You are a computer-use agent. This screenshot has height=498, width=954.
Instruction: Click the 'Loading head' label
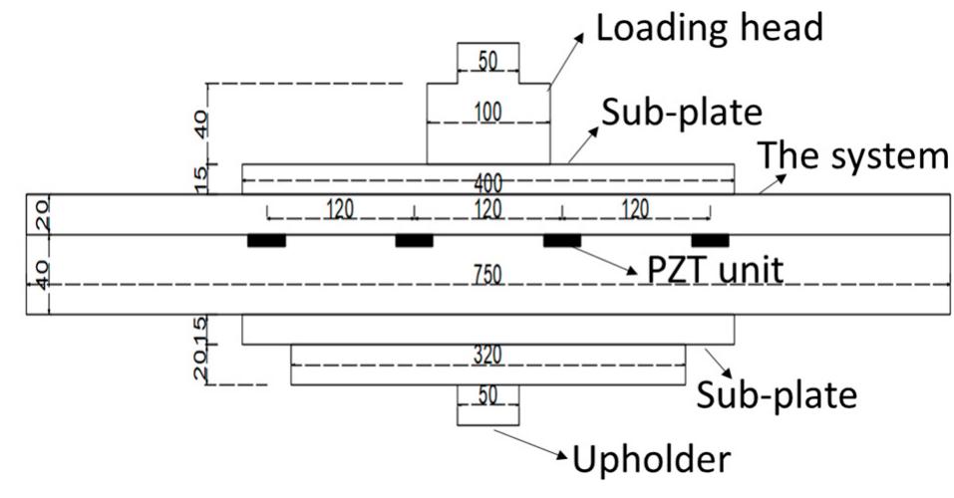point(709,28)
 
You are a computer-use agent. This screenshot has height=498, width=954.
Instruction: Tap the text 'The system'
point(853,155)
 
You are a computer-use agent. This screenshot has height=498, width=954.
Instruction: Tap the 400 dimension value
point(488,185)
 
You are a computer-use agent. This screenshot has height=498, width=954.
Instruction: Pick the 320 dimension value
point(488,354)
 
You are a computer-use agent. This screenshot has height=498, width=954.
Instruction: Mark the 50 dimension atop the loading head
point(488,62)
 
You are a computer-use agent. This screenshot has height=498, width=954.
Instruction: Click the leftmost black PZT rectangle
point(266,240)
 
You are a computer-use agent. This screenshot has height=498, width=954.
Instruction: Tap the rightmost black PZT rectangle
point(710,240)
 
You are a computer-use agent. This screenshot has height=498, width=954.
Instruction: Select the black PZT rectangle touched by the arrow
point(561,240)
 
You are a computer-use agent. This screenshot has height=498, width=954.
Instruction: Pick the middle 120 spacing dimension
point(488,209)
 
